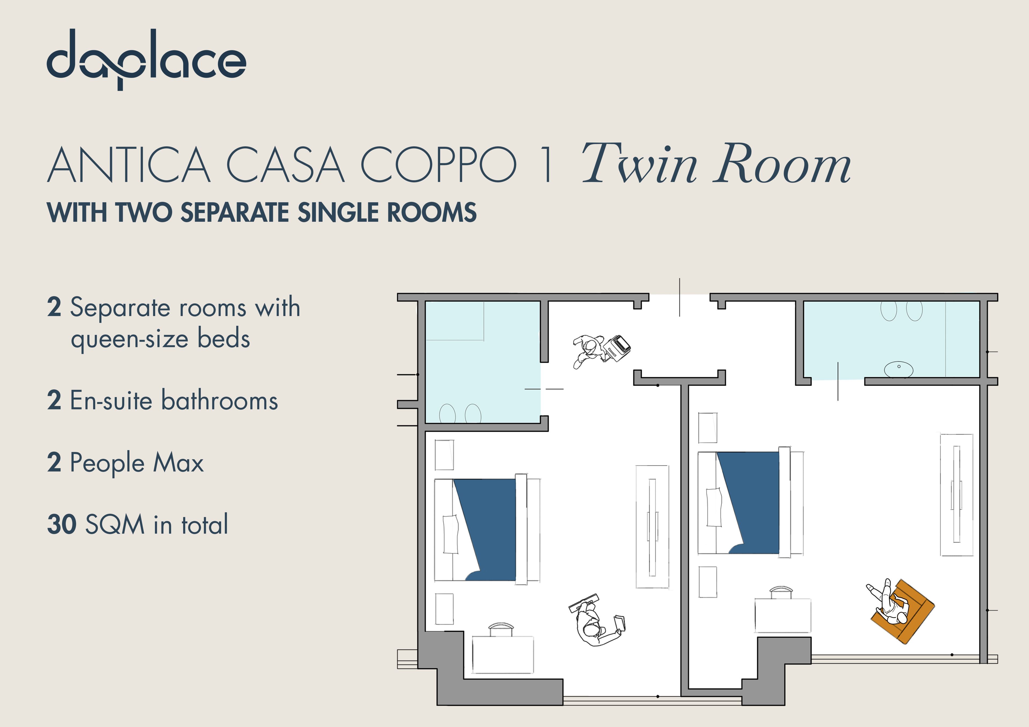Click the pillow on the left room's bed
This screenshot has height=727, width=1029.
pos(450,534)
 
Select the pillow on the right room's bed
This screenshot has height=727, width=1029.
pos(714,507)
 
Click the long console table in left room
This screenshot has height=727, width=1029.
pos(652,527)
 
